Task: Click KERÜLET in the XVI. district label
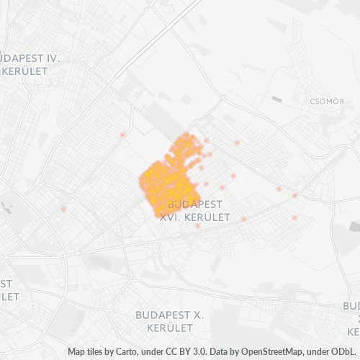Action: pyautogui.click(x=207, y=217)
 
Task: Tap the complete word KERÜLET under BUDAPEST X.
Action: pyautogui.click(x=171, y=328)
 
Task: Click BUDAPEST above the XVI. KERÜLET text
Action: pyautogui.click(x=195, y=204)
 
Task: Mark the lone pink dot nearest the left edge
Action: pyautogui.click(x=63, y=209)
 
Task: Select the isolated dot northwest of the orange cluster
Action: pyautogui.click(x=123, y=135)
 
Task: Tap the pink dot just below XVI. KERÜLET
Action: pyautogui.click(x=197, y=226)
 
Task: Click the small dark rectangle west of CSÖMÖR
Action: pyautogui.click(x=277, y=99)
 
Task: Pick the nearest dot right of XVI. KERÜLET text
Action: pyautogui.click(x=244, y=219)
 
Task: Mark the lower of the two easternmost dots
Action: pyautogui.click(x=294, y=217)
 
